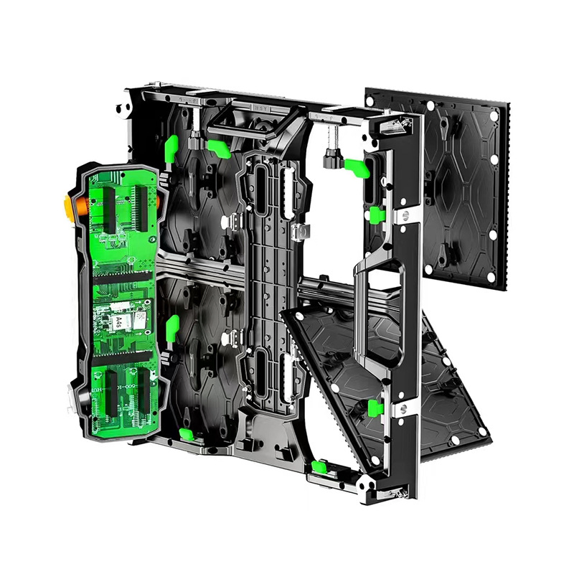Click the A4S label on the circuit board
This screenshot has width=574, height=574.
click(116, 322)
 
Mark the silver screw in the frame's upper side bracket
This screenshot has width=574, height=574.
click(403, 215)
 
